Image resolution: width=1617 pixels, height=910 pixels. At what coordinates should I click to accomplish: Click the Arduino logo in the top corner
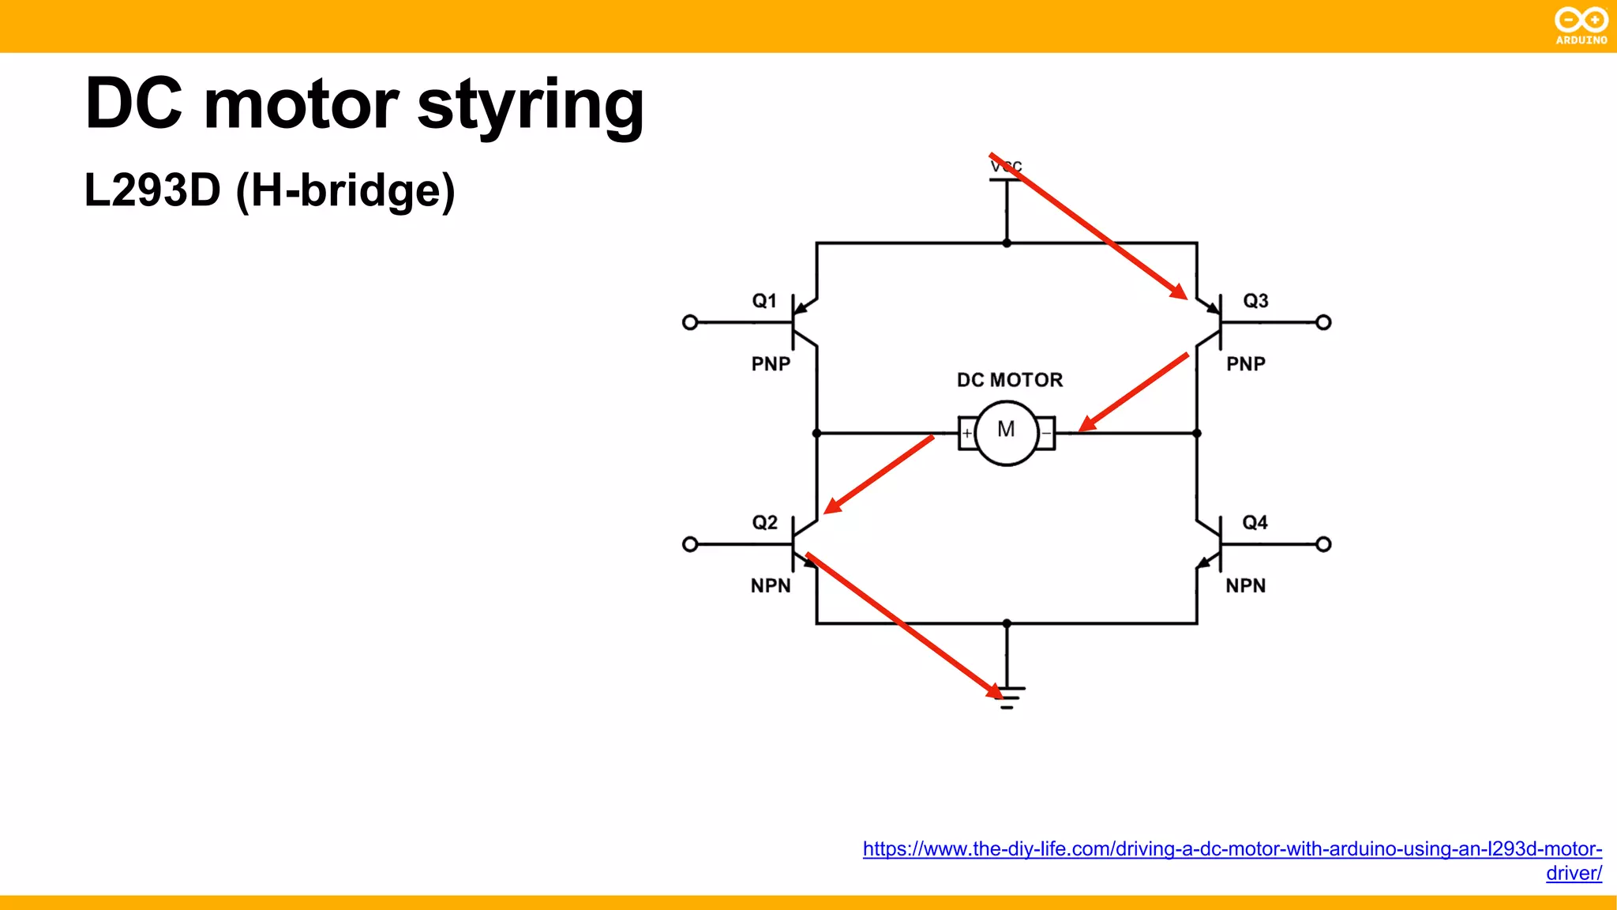coord(1581,25)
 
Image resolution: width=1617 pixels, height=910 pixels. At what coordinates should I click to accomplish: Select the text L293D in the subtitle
coord(152,190)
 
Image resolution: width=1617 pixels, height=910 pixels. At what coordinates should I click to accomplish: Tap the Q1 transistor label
coord(764,301)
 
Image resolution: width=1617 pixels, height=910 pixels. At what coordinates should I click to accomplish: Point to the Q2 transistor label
coord(764,523)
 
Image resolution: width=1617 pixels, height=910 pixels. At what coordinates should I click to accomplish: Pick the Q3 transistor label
coord(1255,301)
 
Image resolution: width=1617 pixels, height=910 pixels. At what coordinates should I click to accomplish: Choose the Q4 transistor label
coord(1255,523)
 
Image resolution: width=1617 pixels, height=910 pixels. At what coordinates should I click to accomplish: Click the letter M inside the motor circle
coord(1006,430)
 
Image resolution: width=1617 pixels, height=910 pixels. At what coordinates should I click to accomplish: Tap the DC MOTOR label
coord(1010,380)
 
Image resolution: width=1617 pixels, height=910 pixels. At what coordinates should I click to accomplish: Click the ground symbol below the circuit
coord(1007,697)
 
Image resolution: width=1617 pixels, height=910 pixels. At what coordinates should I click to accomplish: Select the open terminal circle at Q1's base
coord(690,322)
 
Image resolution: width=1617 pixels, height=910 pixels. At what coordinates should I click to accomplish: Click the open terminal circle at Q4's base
coord(1324,544)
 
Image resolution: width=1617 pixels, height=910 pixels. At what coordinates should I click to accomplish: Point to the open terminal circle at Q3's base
coord(1324,322)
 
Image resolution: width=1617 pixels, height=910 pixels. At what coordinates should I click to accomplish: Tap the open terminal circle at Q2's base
coord(690,544)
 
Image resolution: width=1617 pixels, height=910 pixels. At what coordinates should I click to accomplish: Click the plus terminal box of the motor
coord(966,433)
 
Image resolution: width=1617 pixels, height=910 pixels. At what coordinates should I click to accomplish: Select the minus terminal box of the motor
coord(1046,433)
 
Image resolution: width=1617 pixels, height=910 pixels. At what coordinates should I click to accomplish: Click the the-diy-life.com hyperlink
coord(1232,850)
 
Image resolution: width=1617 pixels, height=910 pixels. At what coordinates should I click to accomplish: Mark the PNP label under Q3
coord(1246,364)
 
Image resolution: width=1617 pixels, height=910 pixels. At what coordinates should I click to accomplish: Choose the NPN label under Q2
coord(771,586)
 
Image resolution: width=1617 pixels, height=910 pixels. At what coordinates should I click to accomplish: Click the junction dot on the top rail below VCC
coord(1007,243)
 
